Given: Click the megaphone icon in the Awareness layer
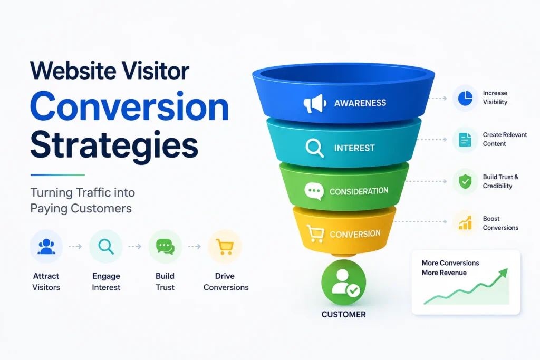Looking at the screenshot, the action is (315, 103).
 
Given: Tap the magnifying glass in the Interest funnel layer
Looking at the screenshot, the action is (314, 148).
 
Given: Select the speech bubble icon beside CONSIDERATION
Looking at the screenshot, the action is (314, 191).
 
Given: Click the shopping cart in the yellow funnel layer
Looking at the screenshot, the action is (315, 233).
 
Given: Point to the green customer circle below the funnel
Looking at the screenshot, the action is (343, 282).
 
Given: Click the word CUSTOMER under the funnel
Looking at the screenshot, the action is (344, 315).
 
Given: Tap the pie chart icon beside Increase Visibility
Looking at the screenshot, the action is (465, 98).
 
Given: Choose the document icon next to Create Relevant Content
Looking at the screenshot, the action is (465, 140).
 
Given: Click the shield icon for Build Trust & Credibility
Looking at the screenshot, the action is (465, 181).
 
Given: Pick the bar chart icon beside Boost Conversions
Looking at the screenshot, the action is (465, 223).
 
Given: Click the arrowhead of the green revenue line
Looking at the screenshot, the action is (504, 273).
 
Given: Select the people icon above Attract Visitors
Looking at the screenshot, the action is (46, 247).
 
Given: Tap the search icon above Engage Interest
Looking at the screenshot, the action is (105, 247).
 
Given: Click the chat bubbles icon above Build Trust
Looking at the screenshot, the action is (165, 247).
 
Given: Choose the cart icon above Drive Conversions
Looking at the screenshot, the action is (225, 247).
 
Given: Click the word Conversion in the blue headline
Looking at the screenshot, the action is (129, 106).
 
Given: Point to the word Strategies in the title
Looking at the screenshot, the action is (114, 145).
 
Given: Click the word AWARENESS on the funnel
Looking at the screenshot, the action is (360, 103).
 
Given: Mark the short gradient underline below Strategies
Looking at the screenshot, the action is (57, 175).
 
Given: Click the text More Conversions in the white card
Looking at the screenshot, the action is (450, 263).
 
